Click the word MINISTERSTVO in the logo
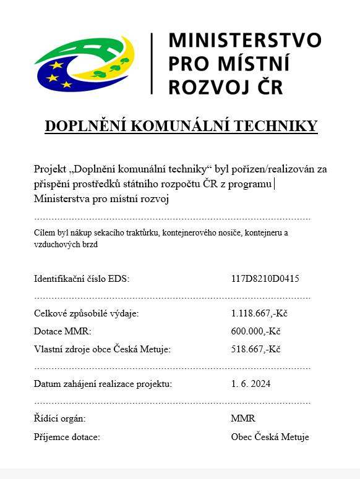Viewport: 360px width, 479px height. (245, 40)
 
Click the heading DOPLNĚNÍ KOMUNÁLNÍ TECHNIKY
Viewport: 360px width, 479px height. (181, 126)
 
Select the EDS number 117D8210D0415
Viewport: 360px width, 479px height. (265, 279)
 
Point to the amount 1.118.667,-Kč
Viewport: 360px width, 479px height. (259, 313)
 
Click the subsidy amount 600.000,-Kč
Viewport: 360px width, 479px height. (255, 331)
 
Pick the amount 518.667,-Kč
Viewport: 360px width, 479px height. (255, 349)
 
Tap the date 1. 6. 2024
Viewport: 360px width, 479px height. (251, 384)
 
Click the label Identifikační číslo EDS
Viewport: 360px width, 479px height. (82, 279)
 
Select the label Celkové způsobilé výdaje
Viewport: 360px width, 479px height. (86, 313)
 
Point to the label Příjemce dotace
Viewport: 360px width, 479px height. (67, 437)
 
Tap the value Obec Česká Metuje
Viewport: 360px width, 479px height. (270, 437)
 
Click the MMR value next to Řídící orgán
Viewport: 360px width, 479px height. (242, 418)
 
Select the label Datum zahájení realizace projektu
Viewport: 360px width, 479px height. (103, 384)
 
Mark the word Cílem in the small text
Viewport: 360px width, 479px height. (44, 233)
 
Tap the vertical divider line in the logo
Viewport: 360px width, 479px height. (152, 63)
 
